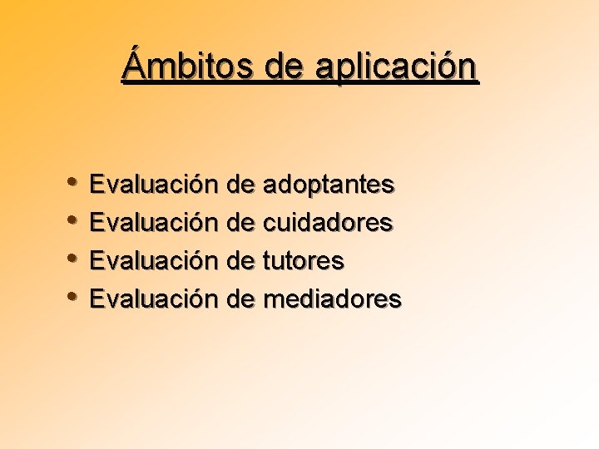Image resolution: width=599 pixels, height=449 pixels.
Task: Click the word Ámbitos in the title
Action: tap(189, 66)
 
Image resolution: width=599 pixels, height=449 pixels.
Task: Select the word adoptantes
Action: tap(329, 184)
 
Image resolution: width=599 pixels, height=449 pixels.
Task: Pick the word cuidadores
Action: tap(328, 222)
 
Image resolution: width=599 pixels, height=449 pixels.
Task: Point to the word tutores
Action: tap(304, 261)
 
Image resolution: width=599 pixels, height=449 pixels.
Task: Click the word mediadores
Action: tap(332, 299)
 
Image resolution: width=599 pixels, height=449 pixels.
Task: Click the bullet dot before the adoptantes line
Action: tap(74, 183)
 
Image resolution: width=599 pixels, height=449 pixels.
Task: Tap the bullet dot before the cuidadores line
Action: tap(74, 221)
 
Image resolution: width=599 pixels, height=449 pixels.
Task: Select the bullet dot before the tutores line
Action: tap(74, 259)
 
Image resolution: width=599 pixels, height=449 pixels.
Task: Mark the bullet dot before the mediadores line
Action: tap(74, 298)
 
